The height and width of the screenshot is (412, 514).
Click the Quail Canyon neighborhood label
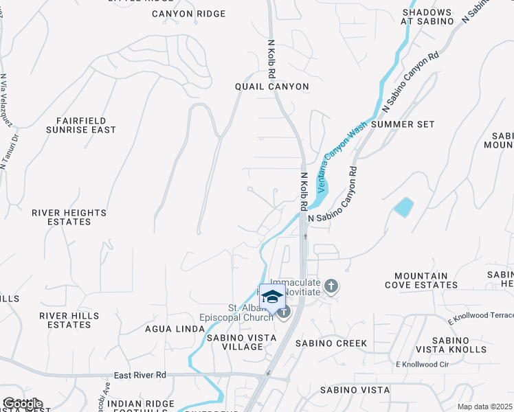(x=271, y=87)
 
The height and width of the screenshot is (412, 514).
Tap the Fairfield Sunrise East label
(x=81, y=124)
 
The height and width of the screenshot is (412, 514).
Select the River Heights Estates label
(x=69, y=218)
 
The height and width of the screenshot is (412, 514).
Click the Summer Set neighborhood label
(x=403, y=124)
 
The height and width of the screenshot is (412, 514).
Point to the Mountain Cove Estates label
(x=417, y=280)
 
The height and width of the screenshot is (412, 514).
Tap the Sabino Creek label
(x=331, y=343)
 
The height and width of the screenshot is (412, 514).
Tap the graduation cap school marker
(x=273, y=297)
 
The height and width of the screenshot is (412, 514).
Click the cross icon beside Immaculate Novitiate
(x=331, y=286)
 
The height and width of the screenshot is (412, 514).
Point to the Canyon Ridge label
(x=188, y=14)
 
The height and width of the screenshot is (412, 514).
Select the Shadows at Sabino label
(x=427, y=17)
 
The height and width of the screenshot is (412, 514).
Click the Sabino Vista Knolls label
(x=460, y=345)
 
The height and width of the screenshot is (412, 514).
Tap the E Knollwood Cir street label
(x=421, y=364)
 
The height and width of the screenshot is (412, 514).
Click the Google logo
(x=22, y=404)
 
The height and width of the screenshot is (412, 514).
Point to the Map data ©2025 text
(x=484, y=407)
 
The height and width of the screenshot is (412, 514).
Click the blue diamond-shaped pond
(x=404, y=207)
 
